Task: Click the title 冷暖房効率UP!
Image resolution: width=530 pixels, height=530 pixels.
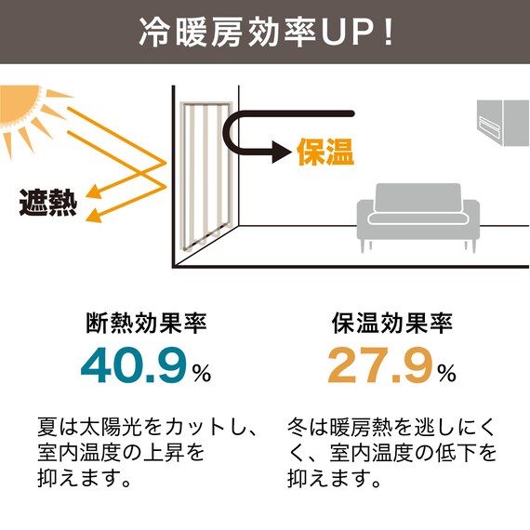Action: point(266,32)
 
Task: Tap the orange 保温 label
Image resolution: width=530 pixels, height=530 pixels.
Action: point(325,152)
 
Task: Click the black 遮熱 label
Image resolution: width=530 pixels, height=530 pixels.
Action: point(48,203)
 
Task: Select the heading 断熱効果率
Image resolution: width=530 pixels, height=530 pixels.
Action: point(146,324)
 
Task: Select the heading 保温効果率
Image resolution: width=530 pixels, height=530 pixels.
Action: point(392,324)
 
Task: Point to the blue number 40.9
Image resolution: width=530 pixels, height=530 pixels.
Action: point(134,365)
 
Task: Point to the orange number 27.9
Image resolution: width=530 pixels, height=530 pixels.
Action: point(381,365)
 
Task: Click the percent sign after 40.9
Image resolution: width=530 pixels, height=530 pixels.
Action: point(202,373)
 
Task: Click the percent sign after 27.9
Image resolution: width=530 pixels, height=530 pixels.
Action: point(447,373)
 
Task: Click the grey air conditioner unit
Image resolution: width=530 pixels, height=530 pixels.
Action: point(503,123)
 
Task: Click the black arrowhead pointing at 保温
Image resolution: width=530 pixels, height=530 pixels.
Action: point(282,152)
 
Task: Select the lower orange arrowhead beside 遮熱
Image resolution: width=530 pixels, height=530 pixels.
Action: point(94,216)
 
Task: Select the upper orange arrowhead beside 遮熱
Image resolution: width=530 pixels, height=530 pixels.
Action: point(94,192)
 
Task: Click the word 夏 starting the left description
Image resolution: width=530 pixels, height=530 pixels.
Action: point(47,428)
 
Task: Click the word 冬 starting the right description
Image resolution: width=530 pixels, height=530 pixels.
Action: point(298,428)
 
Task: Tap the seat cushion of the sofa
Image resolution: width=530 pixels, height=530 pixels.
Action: point(418,218)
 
